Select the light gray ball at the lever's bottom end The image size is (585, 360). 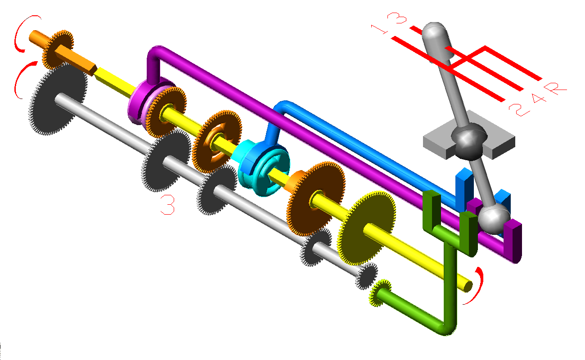[x=494, y=218]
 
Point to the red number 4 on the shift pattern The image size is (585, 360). [x=538, y=99]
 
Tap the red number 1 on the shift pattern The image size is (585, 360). [x=380, y=30]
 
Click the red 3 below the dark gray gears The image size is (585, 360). [x=167, y=205]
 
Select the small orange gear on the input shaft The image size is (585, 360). [x=58, y=49]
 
